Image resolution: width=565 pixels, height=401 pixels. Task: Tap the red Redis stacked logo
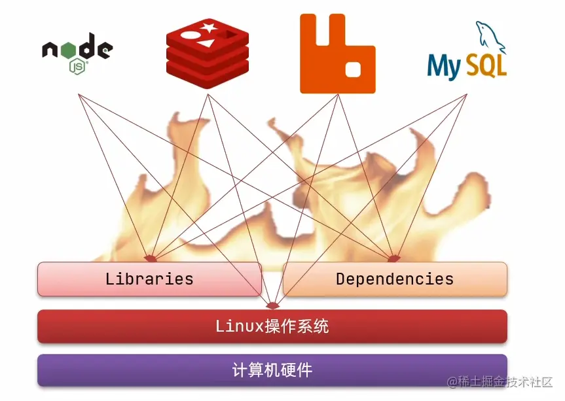coord(208,52)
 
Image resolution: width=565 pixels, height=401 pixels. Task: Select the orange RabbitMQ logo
coord(337,54)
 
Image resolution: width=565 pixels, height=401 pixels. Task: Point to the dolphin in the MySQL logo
coord(490,37)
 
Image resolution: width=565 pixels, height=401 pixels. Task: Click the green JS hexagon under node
coord(78,65)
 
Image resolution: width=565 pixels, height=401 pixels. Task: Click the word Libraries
coord(149,279)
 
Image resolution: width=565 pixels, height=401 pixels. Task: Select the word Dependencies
coord(395,279)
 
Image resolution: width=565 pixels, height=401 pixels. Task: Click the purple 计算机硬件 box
coord(272,370)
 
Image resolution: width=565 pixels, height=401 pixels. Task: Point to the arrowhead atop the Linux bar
coord(272,305)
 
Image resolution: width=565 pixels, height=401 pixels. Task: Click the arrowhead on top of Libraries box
coord(151,258)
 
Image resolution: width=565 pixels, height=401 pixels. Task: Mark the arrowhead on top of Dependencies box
coord(394,258)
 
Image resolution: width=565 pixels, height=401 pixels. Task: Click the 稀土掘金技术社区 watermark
coord(501,382)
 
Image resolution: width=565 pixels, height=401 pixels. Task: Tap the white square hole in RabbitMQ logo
coord(354,68)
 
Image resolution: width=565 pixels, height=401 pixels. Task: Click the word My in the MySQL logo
coord(445,67)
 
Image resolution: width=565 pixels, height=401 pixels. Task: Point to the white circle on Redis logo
coord(191,33)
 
